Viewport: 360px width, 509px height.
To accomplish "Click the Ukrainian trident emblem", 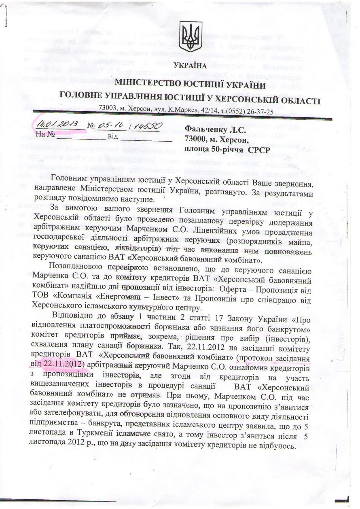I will click(188, 34).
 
